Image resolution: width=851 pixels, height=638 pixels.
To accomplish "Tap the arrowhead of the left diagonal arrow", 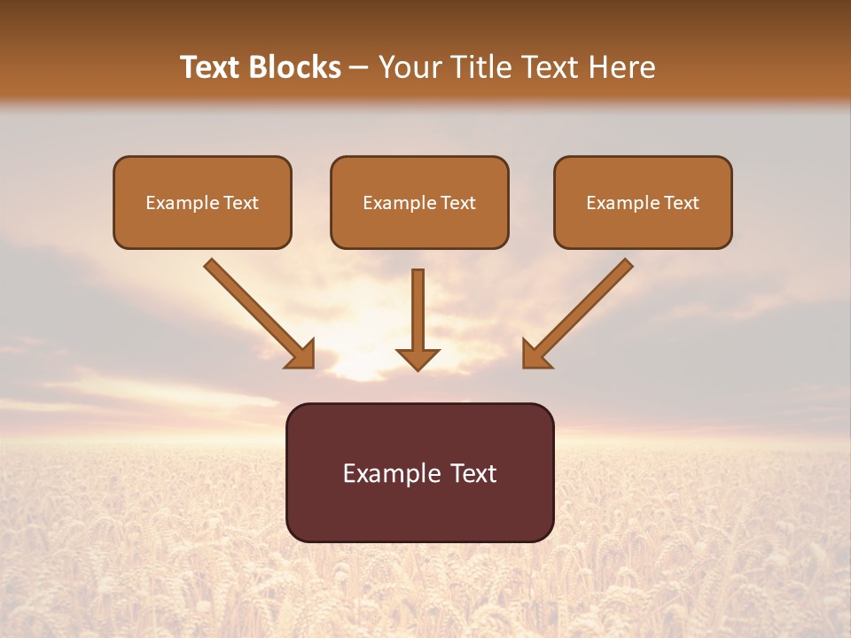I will click(301, 354).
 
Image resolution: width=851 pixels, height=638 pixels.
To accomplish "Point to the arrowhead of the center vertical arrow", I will click(418, 359).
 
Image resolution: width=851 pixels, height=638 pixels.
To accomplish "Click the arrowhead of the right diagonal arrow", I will click(535, 354).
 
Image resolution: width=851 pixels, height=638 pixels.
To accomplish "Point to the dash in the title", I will click(359, 67).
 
